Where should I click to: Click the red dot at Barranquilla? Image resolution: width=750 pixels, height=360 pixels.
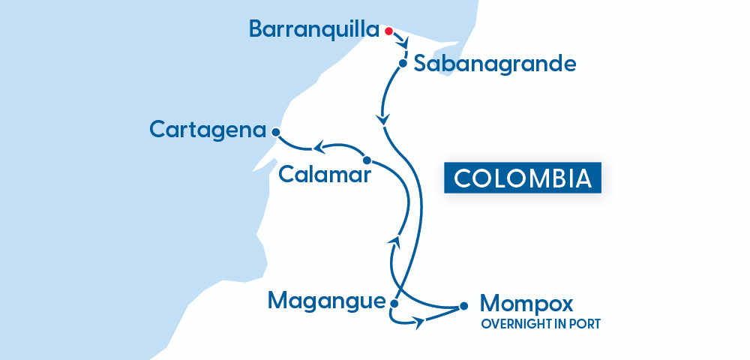pos(388,31)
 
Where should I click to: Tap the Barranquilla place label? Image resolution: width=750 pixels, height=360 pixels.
pos(314,29)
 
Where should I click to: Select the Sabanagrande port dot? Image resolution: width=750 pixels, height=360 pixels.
pos(403,64)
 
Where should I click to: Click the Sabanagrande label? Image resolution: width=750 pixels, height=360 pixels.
pos(495,64)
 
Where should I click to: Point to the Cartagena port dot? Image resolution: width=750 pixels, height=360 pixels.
pos(275,132)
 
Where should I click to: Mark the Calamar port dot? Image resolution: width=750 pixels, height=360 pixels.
pos(367,160)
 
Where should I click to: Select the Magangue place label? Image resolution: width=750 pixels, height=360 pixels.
pos(326,301)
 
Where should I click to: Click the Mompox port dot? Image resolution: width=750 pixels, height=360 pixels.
pos(463,305)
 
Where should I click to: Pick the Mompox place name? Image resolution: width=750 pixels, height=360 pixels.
pos(526,304)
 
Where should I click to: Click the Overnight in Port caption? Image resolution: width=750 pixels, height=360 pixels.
pos(540,325)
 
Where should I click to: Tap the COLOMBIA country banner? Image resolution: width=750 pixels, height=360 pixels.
pos(522,178)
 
